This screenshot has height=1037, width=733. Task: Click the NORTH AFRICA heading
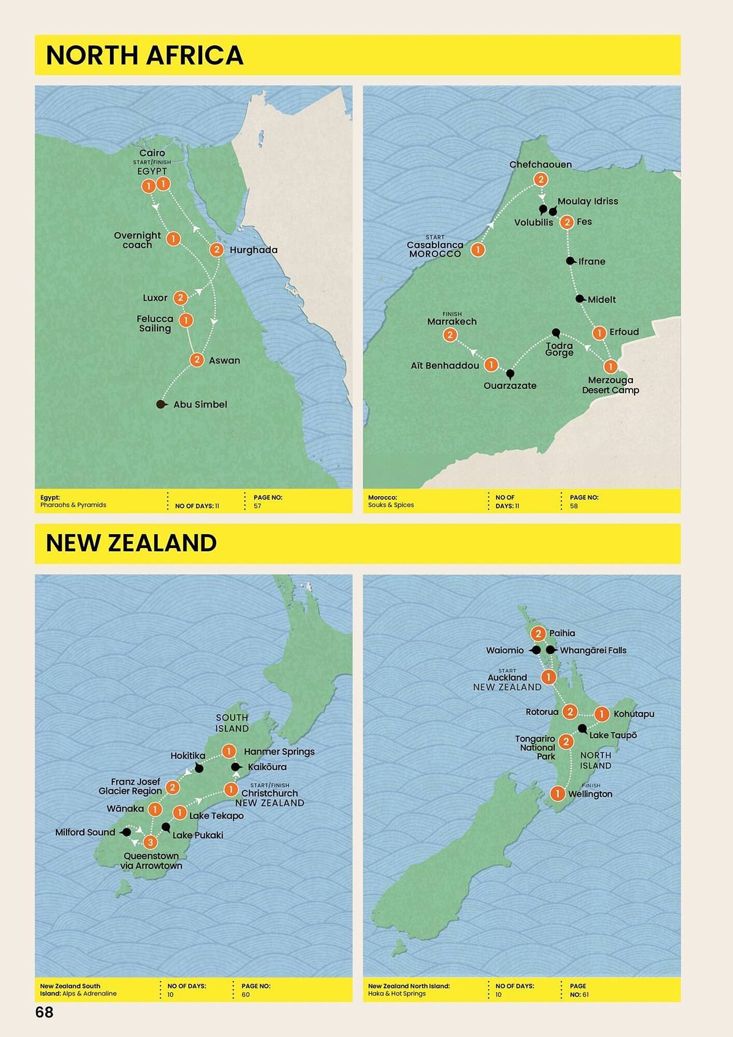click(145, 55)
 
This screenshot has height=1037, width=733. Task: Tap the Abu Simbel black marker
click(161, 404)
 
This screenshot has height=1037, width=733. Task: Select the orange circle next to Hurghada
click(216, 250)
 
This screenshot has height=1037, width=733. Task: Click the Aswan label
click(224, 360)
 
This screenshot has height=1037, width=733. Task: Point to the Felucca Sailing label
click(155, 324)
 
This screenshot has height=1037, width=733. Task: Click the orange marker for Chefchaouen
click(540, 179)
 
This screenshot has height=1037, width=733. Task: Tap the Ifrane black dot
click(570, 261)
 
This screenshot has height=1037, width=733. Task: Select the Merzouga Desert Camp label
click(610, 385)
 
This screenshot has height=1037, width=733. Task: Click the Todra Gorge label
click(559, 349)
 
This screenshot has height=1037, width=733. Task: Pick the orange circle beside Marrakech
click(450, 335)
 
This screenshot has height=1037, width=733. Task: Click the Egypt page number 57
click(258, 506)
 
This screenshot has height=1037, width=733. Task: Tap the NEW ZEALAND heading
click(131, 543)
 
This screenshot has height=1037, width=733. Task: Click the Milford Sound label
click(85, 832)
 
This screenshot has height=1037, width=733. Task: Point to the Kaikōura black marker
click(235, 767)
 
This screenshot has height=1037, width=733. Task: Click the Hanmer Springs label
click(279, 752)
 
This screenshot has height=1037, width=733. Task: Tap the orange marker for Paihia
click(538, 633)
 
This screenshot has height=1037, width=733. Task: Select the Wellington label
click(590, 794)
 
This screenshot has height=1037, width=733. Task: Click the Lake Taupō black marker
click(582, 728)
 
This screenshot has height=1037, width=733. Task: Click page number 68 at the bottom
click(45, 1013)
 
